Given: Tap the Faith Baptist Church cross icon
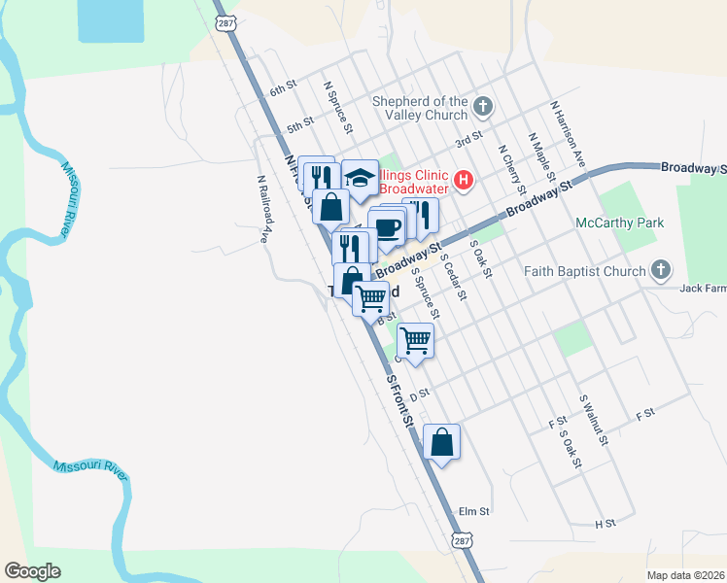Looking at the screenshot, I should click(x=661, y=269).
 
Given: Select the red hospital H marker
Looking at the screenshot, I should click(x=464, y=180).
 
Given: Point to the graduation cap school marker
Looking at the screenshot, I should click(x=360, y=177).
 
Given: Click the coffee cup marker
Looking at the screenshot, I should click(x=388, y=228).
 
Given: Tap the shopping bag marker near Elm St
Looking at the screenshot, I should click(x=441, y=442).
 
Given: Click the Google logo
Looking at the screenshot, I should click(x=32, y=571).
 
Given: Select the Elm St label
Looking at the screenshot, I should click(x=473, y=510).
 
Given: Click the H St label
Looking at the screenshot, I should click(x=606, y=524).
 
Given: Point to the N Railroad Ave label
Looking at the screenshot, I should click(x=262, y=208).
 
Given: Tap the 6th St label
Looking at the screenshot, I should click(x=283, y=89).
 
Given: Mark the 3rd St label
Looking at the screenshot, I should click(x=469, y=140).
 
